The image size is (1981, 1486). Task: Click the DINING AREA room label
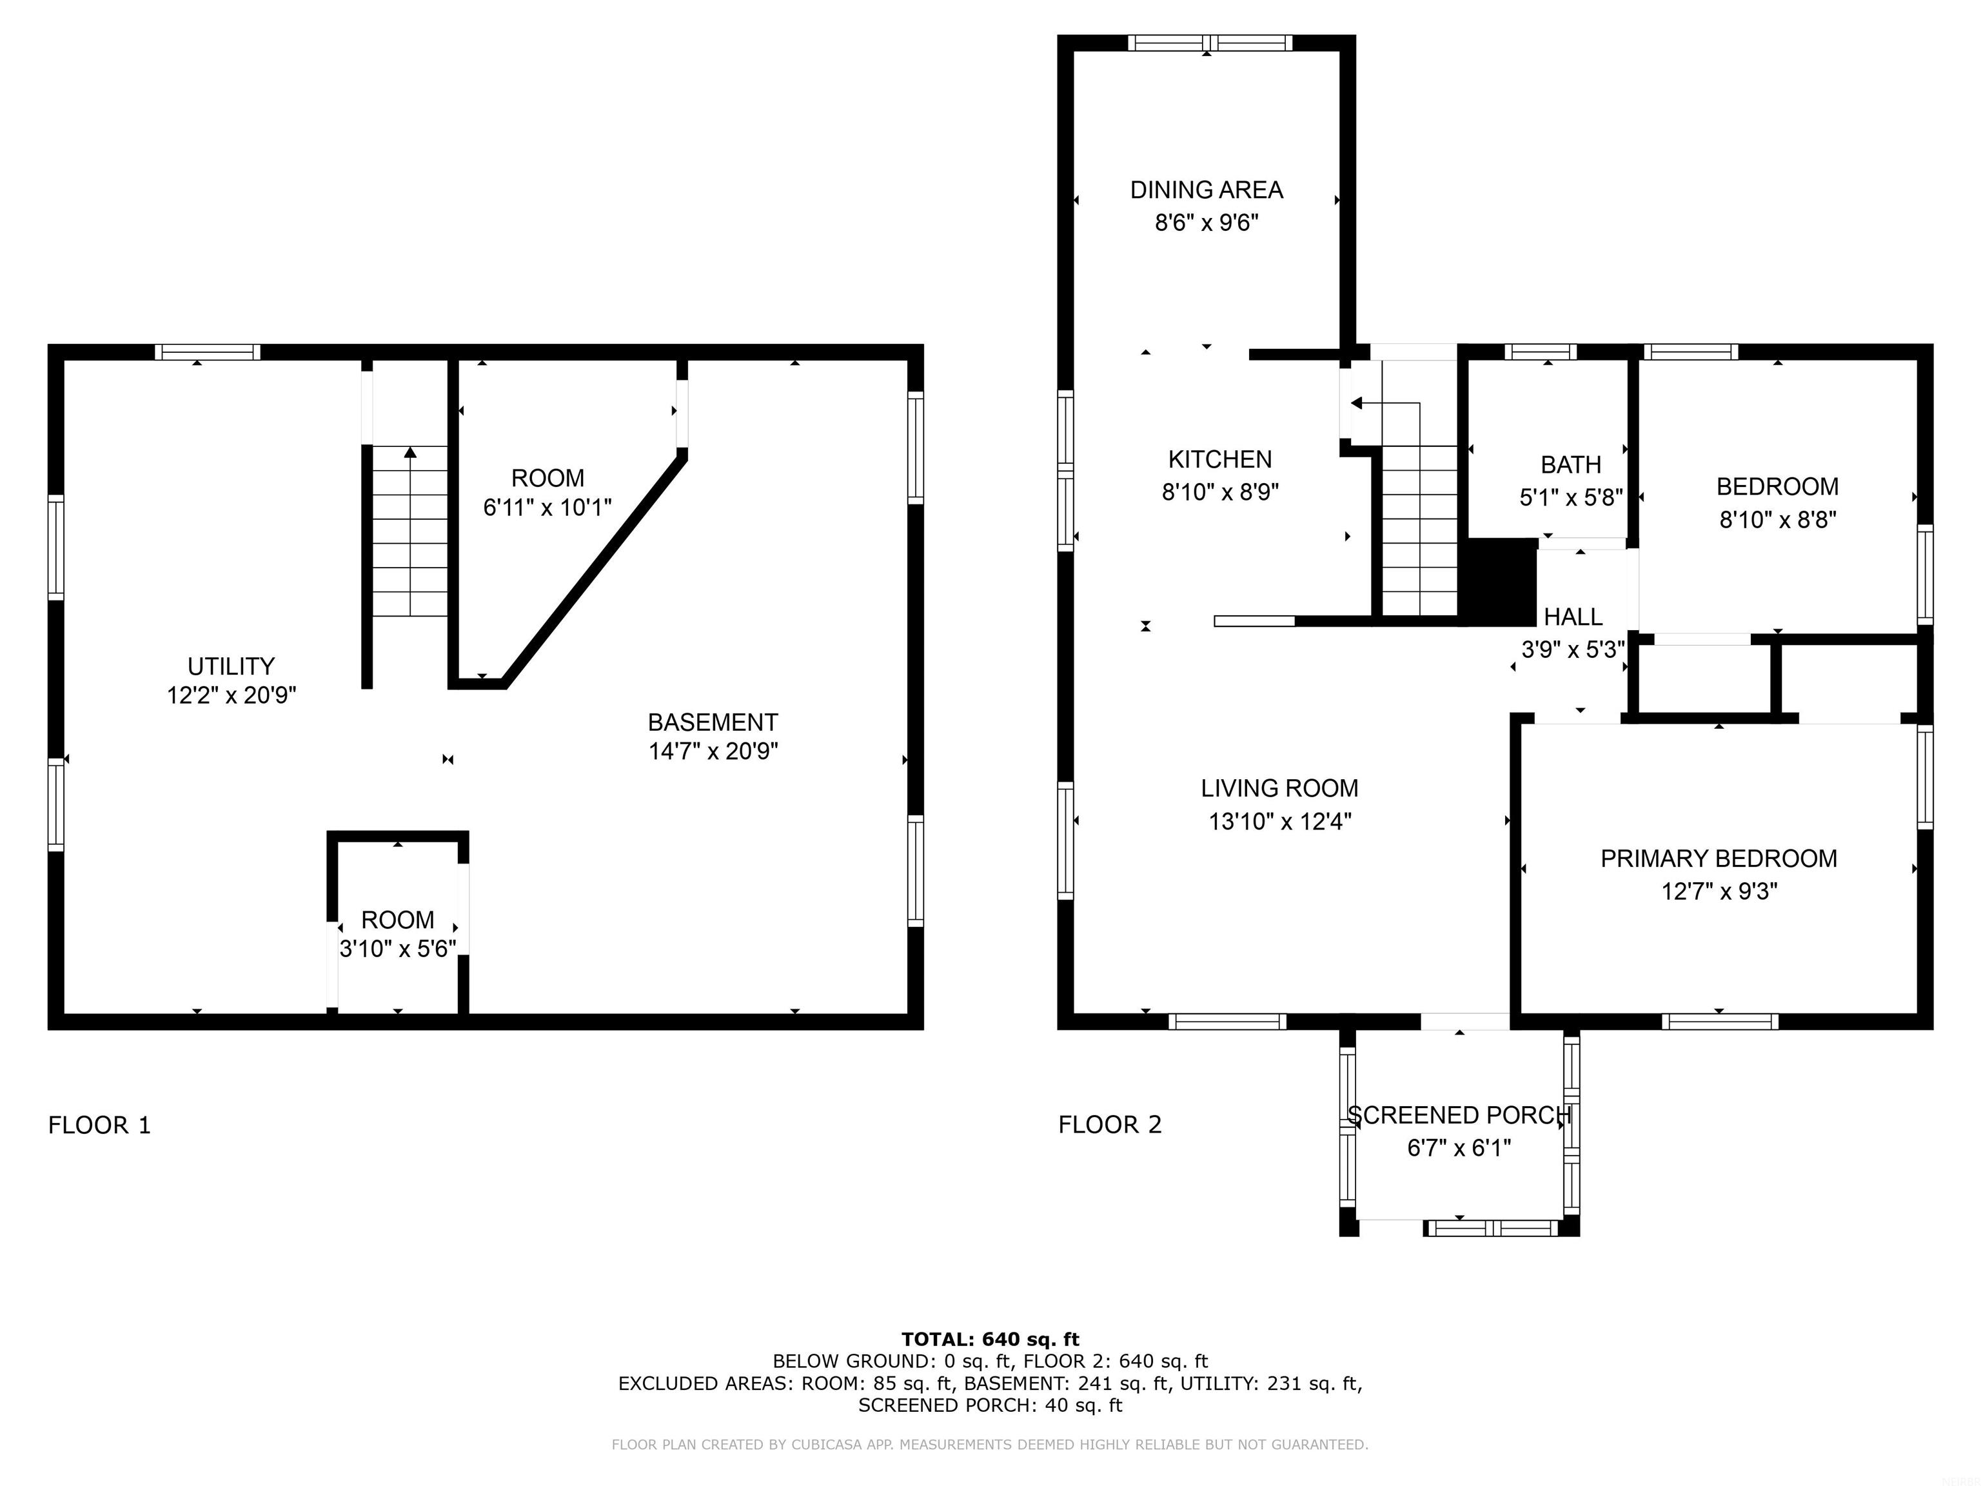(1207, 190)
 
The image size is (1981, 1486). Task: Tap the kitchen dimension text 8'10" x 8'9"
(1220, 491)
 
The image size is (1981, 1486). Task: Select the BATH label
(1571, 465)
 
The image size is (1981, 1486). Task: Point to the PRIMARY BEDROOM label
(1719, 858)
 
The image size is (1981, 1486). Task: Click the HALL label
(1573, 617)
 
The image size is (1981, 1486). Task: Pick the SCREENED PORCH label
(1459, 1115)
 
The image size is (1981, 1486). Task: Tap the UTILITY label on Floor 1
(231, 666)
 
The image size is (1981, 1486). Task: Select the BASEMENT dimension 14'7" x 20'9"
(713, 751)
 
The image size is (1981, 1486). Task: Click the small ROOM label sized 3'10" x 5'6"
(398, 920)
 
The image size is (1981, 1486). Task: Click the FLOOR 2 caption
(1110, 1125)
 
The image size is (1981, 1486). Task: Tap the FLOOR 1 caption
(99, 1125)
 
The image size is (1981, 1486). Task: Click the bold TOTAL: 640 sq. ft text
(990, 1339)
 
